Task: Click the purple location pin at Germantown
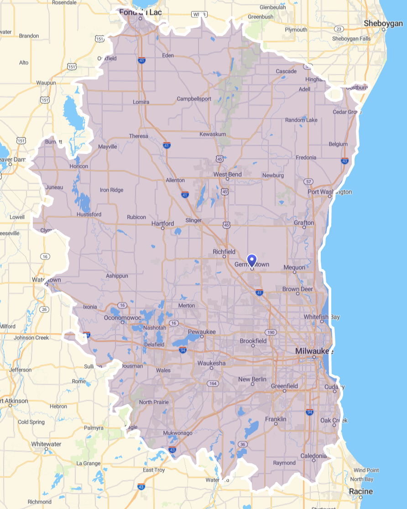tap(251, 260)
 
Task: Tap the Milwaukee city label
tap(314, 351)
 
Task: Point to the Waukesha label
tap(212, 363)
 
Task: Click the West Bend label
tap(228, 175)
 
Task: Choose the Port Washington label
tap(330, 192)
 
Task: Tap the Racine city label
tap(360, 492)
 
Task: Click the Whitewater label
tap(46, 444)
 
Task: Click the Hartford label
tap(162, 223)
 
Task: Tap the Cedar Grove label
tap(346, 112)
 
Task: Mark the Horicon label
tap(79, 166)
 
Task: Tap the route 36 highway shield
tap(243, 444)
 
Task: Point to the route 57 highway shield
tap(309, 182)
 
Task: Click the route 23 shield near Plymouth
tap(339, 29)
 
